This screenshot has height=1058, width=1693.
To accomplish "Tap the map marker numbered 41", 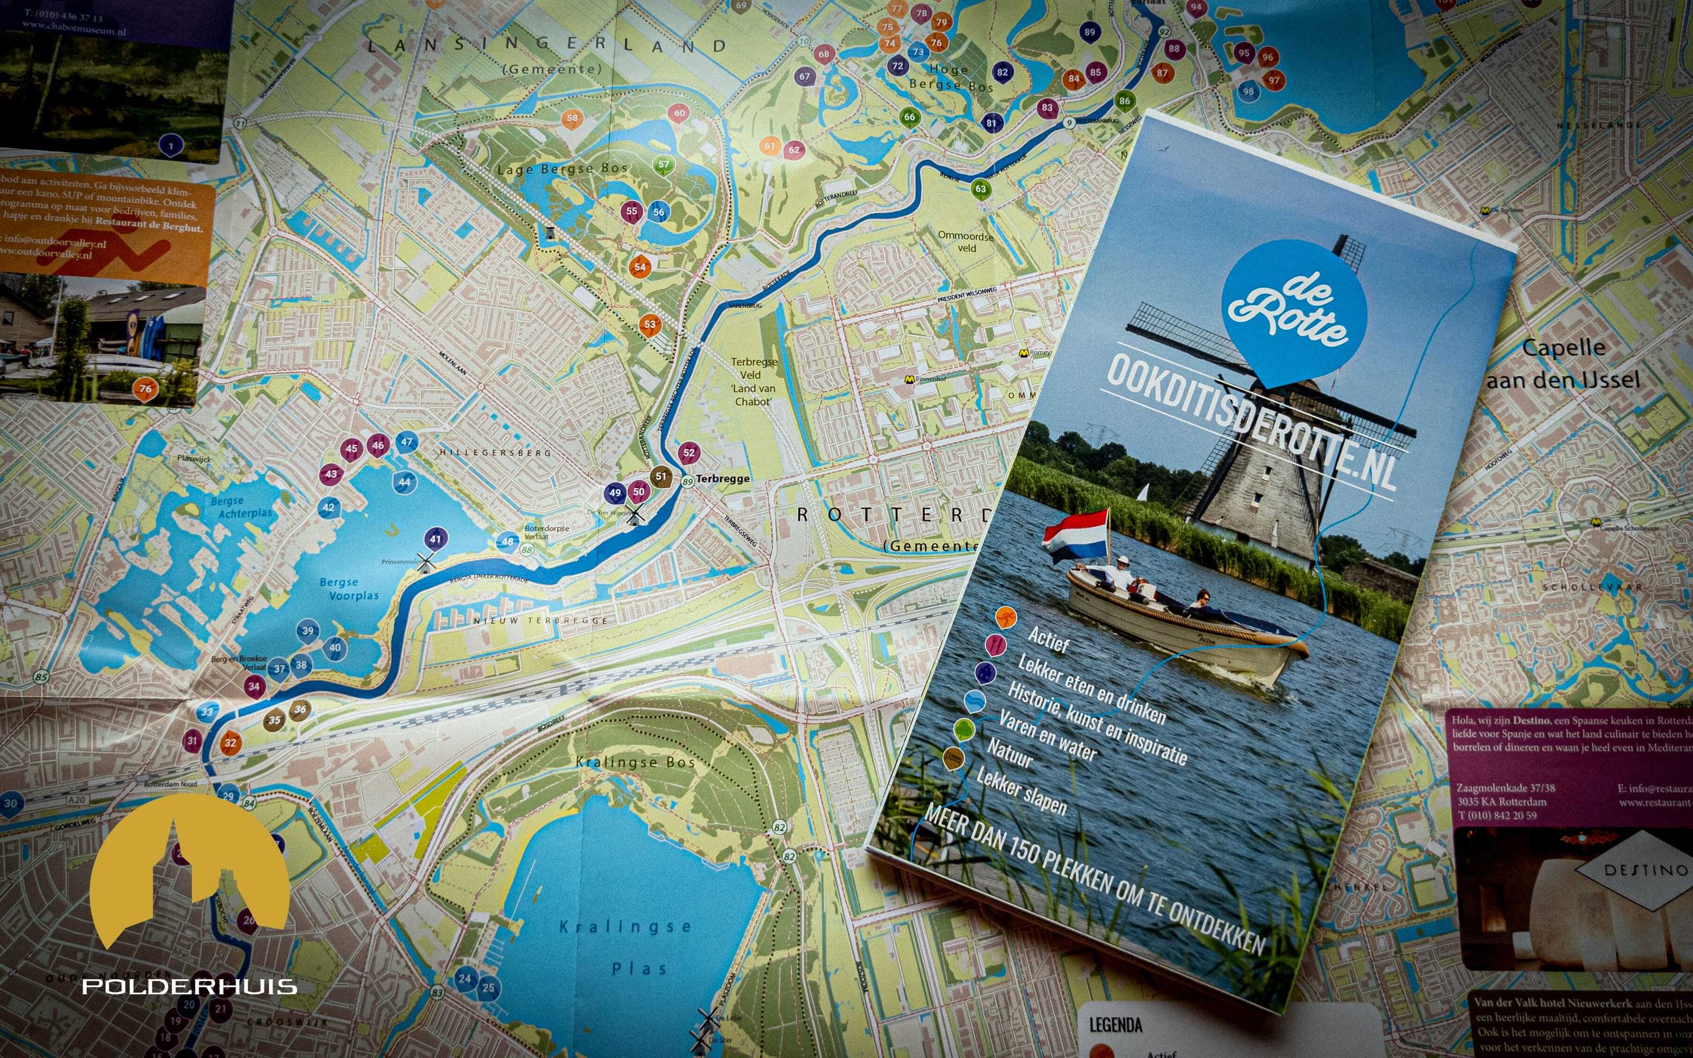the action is tap(436, 539).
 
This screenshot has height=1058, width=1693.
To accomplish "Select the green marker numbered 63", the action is tap(981, 189).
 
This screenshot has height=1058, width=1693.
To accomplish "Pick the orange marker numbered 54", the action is tap(640, 267).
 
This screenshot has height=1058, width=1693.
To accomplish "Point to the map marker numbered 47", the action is tap(406, 442).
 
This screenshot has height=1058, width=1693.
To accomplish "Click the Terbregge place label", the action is tap(722, 479).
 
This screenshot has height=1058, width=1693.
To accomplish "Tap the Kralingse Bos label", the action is tap(635, 762).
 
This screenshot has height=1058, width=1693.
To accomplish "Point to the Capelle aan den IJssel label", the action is tap(1563, 364).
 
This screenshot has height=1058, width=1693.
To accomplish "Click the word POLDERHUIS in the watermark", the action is tap(189, 987).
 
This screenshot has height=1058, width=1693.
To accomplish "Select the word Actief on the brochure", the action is tap(1048, 639).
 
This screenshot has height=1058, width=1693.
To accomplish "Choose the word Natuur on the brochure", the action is tap(1009, 753).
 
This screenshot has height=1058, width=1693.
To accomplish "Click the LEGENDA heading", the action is tap(1115, 1025).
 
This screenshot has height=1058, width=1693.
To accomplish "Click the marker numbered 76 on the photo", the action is tap(145, 389).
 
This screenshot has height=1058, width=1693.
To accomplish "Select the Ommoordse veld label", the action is tap(966, 241).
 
